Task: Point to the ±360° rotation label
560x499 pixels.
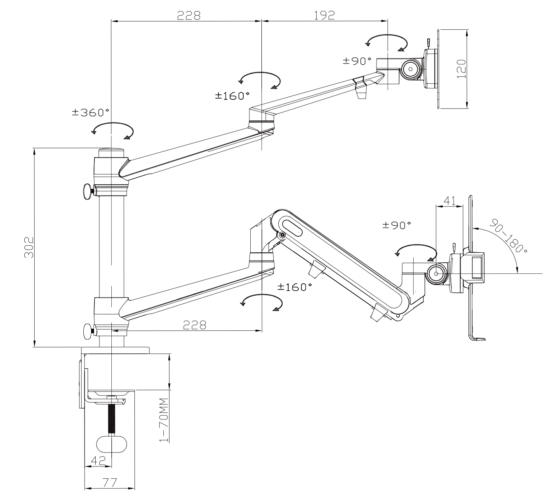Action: click(91, 113)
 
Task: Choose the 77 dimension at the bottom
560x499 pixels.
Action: click(110, 482)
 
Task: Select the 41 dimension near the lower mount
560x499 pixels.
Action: click(449, 201)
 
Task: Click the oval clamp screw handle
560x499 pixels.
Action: click(111, 444)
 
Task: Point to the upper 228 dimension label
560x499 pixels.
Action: click(188, 15)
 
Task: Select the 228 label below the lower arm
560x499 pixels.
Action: click(195, 325)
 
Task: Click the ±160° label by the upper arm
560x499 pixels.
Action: click(232, 96)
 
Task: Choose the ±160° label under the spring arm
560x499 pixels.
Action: click(294, 287)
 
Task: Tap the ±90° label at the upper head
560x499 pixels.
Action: click(357, 61)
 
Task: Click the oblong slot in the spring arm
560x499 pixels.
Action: click(292, 228)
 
